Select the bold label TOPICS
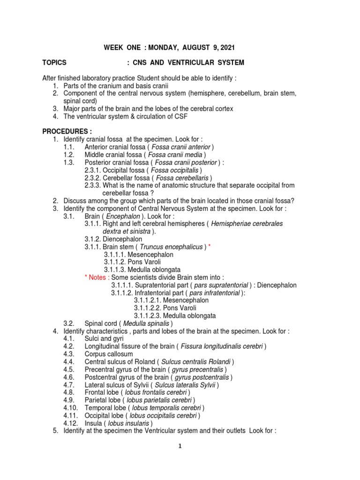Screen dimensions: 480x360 click(x=54, y=63)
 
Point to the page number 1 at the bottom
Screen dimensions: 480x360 click(x=180, y=447)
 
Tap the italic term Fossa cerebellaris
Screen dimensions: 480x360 click(x=182, y=178)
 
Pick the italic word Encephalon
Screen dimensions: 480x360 click(x=123, y=216)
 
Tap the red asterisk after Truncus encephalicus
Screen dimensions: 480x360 click(x=210, y=247)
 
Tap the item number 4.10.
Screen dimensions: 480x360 click(x=70, y=407)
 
